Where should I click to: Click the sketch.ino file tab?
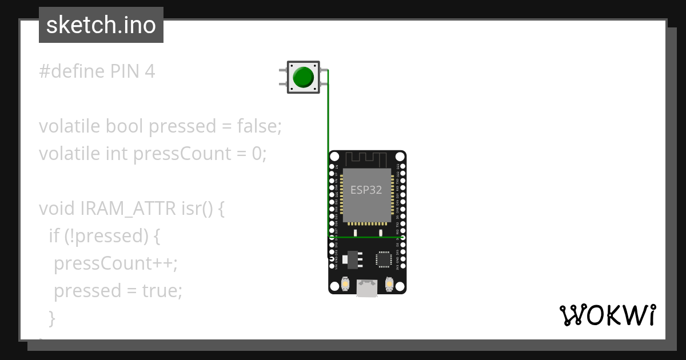point(101,25)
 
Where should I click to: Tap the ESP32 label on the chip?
point(366,190)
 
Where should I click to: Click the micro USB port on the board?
point(367,288)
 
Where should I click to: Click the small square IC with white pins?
point(384,259)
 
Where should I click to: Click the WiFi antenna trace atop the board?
point(367,158)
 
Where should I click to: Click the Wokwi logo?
point(607,315)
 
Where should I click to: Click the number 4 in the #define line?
point(150,71)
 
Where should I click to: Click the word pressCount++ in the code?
point(115,263)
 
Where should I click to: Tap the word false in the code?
point(259,126)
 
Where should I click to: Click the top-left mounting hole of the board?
point(333,155)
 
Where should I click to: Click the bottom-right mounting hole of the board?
point(402,290)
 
